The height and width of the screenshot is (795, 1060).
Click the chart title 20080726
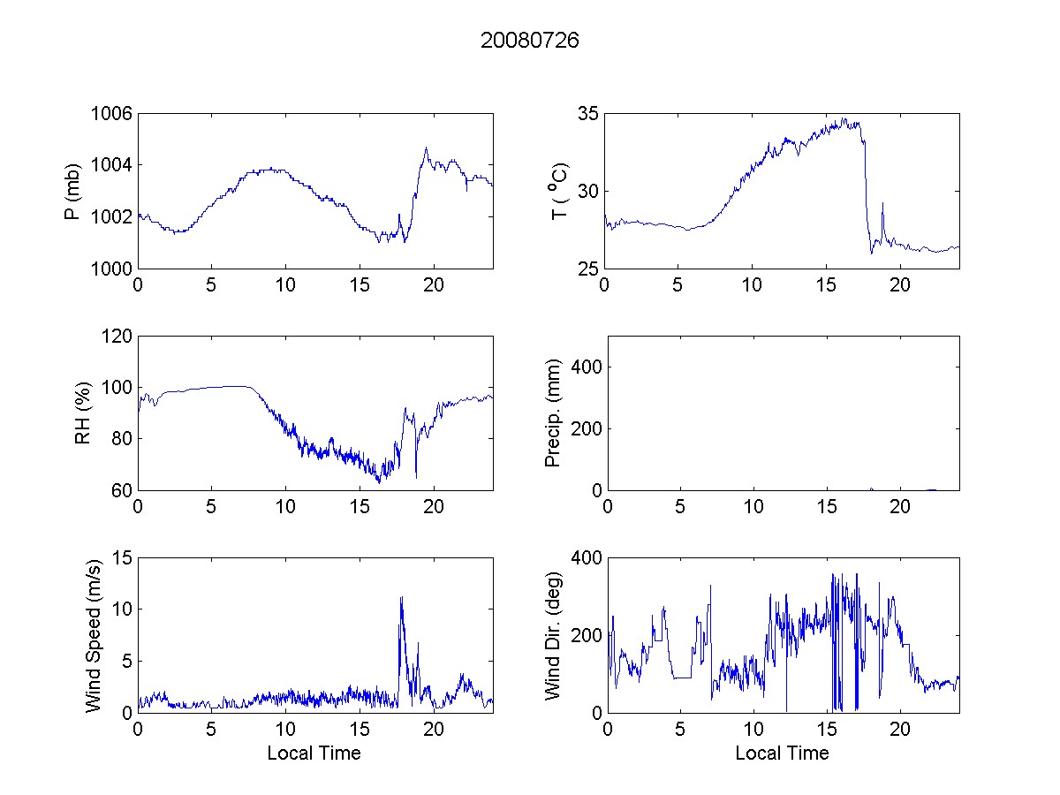[x=529, y=41]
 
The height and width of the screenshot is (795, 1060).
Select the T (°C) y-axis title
[x=559, y=191]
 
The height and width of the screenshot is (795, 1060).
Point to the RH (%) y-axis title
[x=83, y=413]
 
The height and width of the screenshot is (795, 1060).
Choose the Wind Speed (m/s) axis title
[x=94, y=635]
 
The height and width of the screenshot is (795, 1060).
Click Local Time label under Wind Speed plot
[x=314, y=753]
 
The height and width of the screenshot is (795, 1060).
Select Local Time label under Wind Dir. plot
[x=782, y=753]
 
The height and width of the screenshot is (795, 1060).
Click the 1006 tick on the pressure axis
[x=112, y=114]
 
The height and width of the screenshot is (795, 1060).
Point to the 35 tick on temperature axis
[x=588, y=114]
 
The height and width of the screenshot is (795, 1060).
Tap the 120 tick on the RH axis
[x=117, y=337]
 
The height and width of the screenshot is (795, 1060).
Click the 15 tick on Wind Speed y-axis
[x=122, y=558]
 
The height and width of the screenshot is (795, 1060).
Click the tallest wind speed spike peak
[x=401, y=597]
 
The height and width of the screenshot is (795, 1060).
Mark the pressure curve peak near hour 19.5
[x=426, y=148]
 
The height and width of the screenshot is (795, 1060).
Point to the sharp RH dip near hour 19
[x=416, y=478]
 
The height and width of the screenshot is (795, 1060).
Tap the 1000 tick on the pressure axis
[x=112, y=269]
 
